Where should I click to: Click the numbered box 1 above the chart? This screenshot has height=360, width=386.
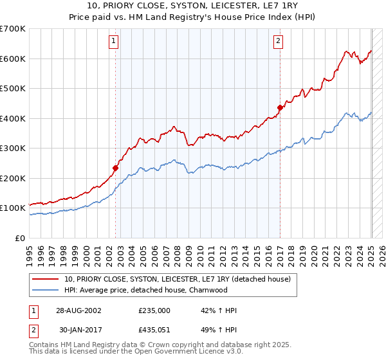113,42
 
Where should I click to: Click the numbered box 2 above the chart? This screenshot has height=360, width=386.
278,42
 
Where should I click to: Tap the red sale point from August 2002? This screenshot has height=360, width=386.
116,168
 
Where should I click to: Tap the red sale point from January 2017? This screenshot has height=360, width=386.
280,108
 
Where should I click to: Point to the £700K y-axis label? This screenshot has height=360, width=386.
13,29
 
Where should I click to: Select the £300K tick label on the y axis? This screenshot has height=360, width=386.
13,148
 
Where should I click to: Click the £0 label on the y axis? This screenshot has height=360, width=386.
20,238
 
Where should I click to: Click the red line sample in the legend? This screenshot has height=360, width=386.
46,279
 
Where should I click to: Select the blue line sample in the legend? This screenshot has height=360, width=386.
46,290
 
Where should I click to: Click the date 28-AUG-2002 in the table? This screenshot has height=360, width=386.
78,310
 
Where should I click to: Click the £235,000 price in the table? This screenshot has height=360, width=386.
154,310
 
